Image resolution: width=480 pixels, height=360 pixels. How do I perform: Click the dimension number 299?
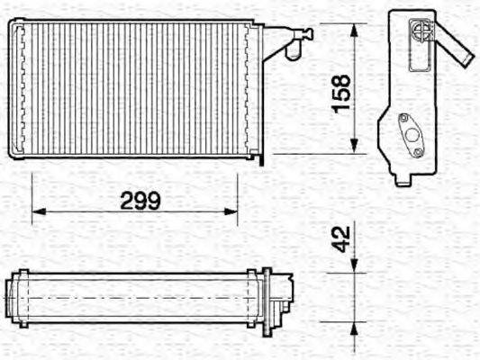tap(140, 201)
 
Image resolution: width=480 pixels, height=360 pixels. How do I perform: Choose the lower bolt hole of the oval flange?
tap(421, 151)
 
